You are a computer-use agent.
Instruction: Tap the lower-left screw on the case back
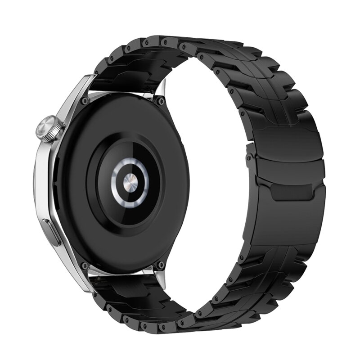[x=84, y=266]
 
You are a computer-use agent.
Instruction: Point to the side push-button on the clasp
[x=248, y=159]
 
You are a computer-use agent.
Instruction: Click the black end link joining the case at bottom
[x=121, y=288]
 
